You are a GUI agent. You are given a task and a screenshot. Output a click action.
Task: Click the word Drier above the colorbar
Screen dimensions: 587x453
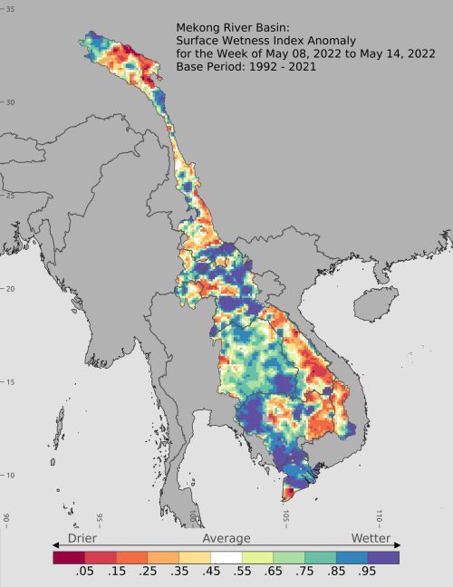point(76,538)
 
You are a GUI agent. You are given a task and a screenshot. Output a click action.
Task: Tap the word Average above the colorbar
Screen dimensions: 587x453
point(226,538)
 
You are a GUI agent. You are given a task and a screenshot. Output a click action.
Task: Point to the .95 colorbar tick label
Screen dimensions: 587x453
point(366,573)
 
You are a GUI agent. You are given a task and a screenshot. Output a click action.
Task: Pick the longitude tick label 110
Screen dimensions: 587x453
point(379,517)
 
